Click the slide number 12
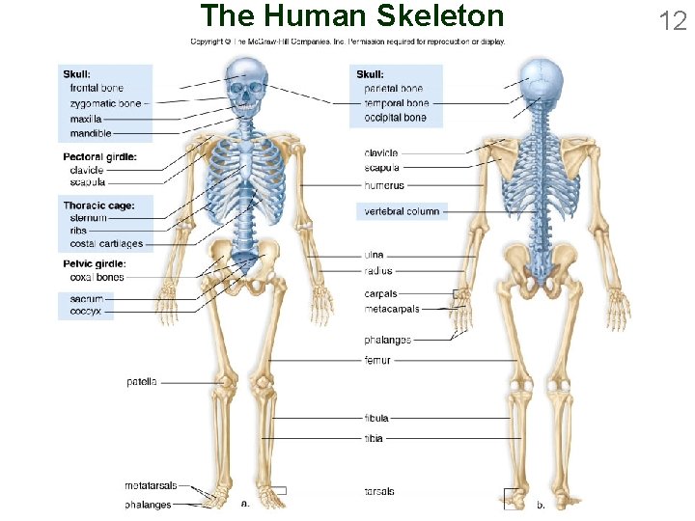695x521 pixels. click(672, 19)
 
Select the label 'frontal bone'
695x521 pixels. click(97, 88)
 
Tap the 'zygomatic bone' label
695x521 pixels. click(105, 103)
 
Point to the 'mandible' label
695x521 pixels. click(91, 133)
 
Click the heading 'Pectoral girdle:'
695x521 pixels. click(99, 156)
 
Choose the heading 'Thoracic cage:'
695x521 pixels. click(98, 206)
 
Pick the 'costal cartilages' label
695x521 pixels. click(106, 244)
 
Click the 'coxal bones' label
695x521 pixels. click(97, 278)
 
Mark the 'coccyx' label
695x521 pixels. click(86, 312)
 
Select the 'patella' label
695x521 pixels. click(141, 382)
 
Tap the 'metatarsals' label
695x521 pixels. click(148, 485)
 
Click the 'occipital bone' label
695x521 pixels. click(395, 118)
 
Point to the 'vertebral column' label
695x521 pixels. click(402, 211)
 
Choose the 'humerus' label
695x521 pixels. click(384, 185)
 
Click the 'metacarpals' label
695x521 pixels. click(392, 310)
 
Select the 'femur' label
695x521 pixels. click(377, 360)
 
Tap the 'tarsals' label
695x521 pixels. click(379, 491)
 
